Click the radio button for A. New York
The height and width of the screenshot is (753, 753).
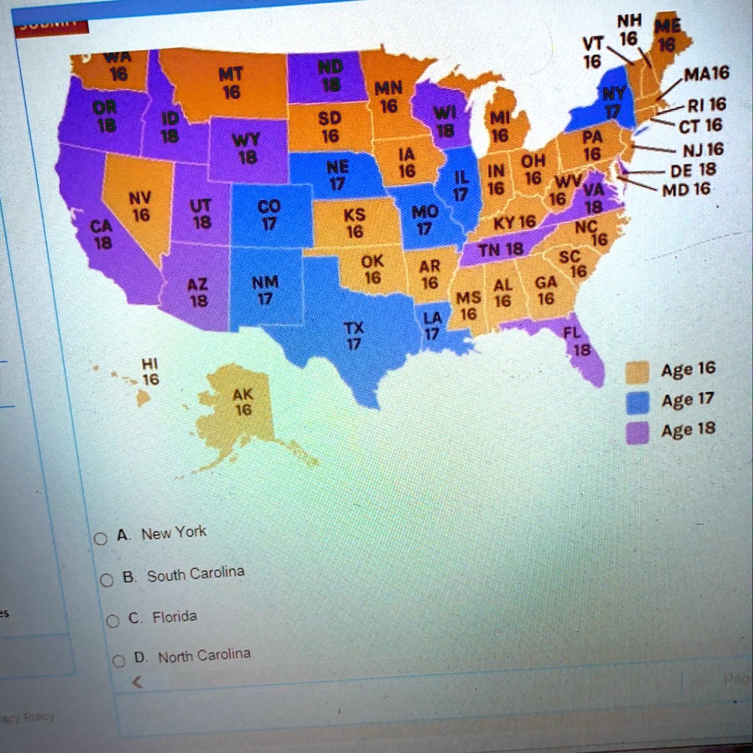click(100, 539)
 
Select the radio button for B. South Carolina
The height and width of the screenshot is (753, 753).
click(107, 581)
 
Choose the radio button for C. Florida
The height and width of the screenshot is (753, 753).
click(113, 621)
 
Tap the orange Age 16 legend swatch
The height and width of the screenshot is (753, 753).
click(637, 374)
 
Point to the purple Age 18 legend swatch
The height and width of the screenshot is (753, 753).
click(637, 434)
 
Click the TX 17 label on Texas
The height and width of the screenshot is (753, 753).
click(354, 335)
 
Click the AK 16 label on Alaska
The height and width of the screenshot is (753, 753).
click(243, 402)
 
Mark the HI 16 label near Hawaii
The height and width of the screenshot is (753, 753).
click(150, 372)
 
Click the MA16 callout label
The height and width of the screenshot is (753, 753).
click(706, 74)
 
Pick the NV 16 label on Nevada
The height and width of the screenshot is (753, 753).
click(139, 206)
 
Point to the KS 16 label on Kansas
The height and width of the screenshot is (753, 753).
click(354, 222)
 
